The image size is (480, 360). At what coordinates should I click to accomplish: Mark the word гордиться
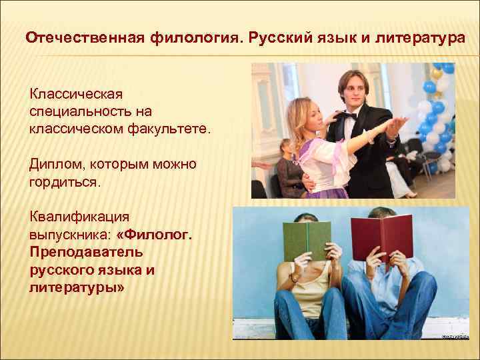64,181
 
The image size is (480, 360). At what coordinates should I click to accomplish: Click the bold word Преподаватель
82,253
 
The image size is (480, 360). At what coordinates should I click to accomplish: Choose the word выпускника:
69,235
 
